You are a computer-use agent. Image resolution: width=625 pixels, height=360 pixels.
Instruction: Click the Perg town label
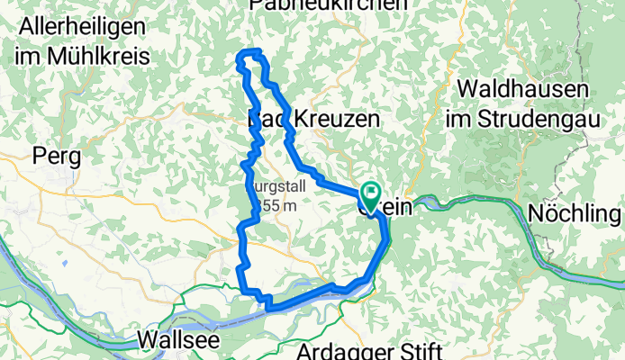[x=57, y=156]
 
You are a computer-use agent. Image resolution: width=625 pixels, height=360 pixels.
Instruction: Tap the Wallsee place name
[x=180, y=340]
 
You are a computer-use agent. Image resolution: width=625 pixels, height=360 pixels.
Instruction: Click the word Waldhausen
[x=522, y=90]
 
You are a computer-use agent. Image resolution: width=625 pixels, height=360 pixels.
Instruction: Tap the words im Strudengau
[x=522, y=118]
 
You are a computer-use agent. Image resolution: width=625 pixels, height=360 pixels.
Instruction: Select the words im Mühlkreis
[x=81, y=56]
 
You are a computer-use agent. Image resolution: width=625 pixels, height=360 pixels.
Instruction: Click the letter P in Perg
[x=39, y=156]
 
